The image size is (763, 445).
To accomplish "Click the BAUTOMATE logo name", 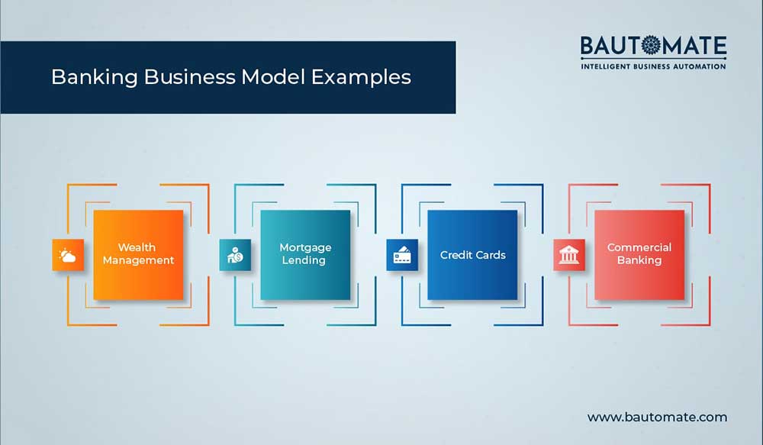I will (653, 47).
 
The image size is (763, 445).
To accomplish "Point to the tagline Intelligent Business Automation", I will (653, 66).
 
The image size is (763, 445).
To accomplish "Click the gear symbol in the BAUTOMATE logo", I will (654, 47).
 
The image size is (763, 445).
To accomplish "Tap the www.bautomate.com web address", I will (657, 417).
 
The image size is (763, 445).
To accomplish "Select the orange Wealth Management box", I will (138, 254).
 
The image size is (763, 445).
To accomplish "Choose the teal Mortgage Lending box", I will (305, 254).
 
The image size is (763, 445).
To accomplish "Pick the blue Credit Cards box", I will (472, 254).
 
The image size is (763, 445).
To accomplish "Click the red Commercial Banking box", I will (639, 254).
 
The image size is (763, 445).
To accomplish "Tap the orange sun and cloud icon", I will (68, 255).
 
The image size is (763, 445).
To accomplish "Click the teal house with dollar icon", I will (235, 255).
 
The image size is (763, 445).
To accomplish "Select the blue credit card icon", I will (402, 255).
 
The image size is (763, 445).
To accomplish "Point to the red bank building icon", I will (569, 255).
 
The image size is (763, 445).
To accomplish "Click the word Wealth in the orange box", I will (137, 247).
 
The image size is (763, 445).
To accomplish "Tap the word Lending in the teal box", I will (305, 260).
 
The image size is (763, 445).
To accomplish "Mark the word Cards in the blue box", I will (491, 255).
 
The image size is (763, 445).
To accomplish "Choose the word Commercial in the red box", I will (639, 247).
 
